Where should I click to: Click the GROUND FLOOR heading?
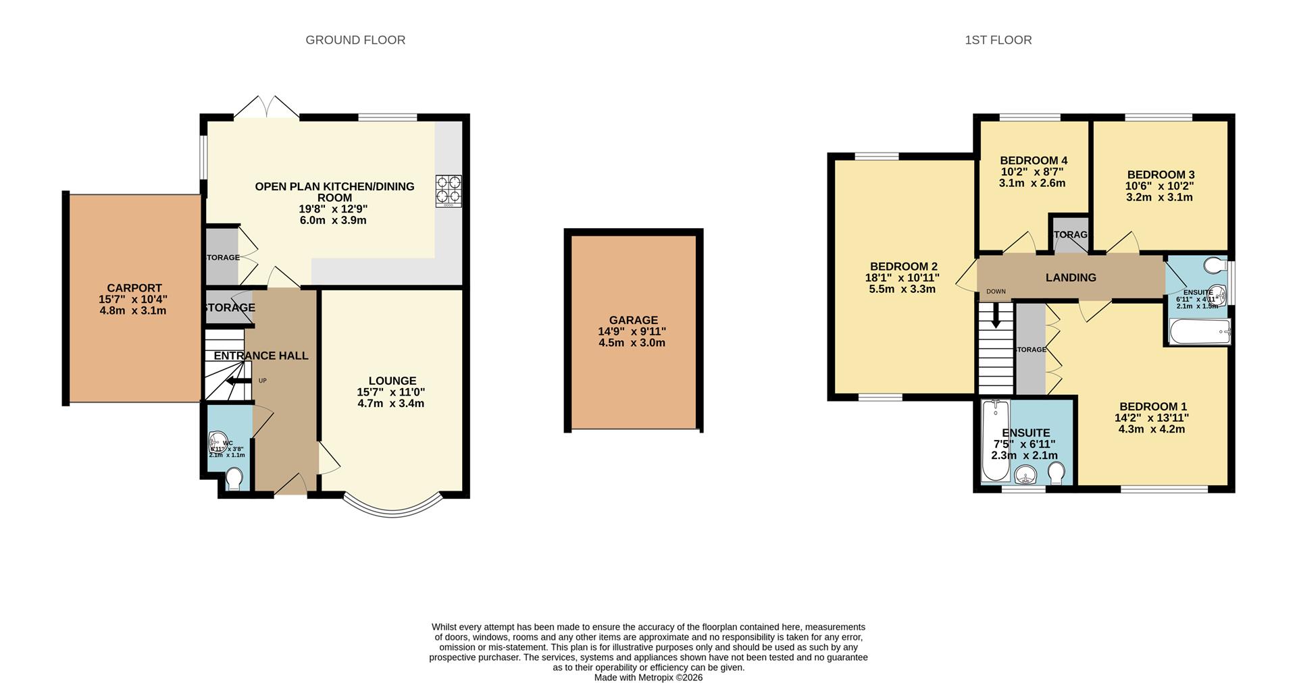pyautogui.click(x=355, y=40)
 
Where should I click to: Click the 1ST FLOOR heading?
pyautogui.click(x=998, y=40)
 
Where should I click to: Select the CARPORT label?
pyautogui.click(x=134, y=288)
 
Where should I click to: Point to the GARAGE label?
pyautogui.click(x=633, y=321)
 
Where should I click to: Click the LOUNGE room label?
pyautogui.click(x=392, y=381)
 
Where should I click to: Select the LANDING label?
pyautogui.click(x=1071, y=277)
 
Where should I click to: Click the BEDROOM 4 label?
pyautogui.click(x=1033, y=161)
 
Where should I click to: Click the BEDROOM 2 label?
pyautogui.click(x=903, y=267)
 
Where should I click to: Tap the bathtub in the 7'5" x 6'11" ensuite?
pyautogui.click(x=994, y=440)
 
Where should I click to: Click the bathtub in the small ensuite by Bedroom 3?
pyautogui.click(x=1199, y=331)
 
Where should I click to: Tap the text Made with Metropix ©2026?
pyautogui.click(x=648, y=677)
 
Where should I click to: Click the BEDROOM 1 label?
pyautogui.click(x=1152, y=406)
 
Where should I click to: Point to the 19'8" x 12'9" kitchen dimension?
pyautogui.click(x=333, y=209)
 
